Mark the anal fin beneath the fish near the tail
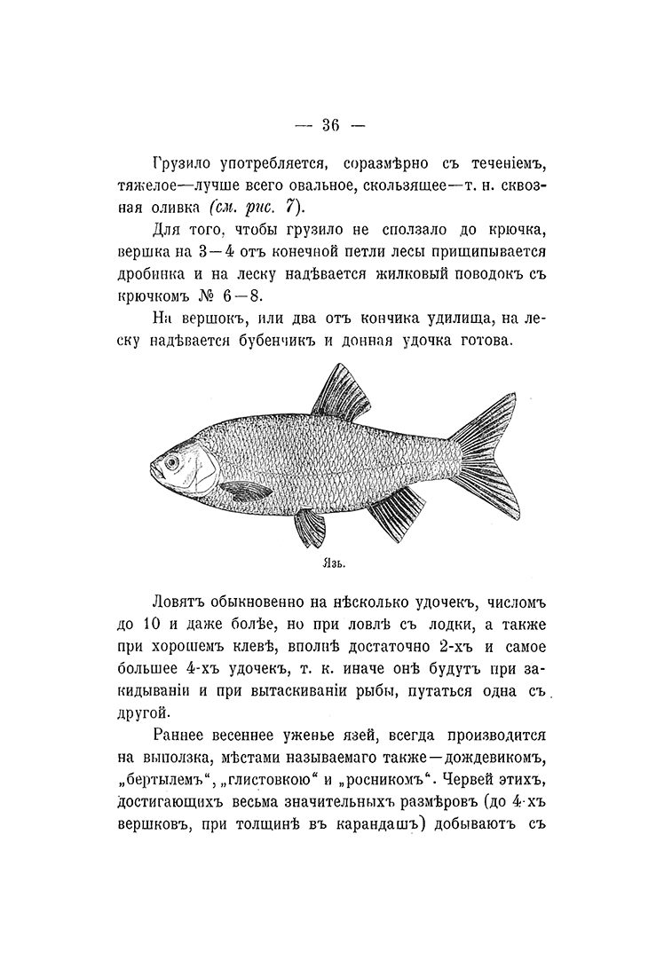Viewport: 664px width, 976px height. [x=397, y=513]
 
